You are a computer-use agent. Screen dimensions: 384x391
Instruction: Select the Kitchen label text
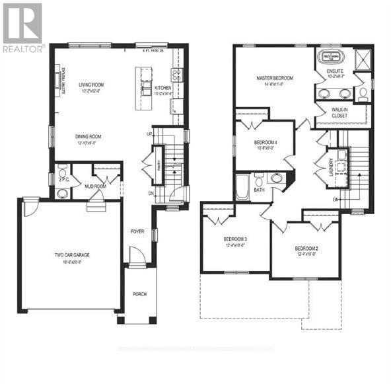[162, 89]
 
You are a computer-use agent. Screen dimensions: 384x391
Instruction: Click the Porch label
[139, 294]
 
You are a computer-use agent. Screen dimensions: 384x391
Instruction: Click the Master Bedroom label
[275, 78]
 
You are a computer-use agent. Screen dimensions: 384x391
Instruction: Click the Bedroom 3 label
[235, 239]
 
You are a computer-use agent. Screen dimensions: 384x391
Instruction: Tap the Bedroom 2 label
[292, 247]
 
